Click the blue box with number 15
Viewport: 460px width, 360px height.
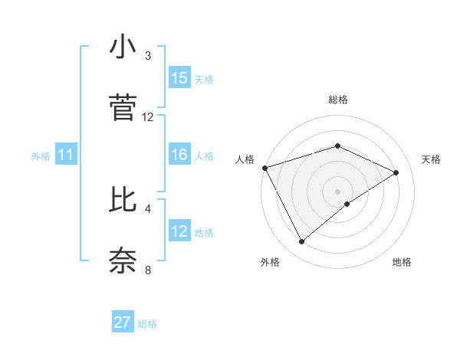point(179,78)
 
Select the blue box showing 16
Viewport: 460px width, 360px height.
point(179,155)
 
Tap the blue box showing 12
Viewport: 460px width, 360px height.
point(179,231)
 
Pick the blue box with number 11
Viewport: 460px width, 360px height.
point(66,155)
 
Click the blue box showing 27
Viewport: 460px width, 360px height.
point(123,322)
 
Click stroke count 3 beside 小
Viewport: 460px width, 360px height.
point(148,56)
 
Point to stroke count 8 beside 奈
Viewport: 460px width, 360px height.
point(148,270)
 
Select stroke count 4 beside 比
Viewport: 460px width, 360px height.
point(148,208)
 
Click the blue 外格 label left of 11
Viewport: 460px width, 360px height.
point(41,155)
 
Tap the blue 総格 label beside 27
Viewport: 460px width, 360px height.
point(147,324)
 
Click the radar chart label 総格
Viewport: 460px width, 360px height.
point(338,100)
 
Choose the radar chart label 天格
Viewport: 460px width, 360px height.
point(432,159)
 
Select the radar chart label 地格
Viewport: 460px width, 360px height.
point(402,263)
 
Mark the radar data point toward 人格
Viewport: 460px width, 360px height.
point(264,168)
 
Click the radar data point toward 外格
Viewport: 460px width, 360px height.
point(301,242)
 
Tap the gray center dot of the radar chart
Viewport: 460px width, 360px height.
point(338,191)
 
